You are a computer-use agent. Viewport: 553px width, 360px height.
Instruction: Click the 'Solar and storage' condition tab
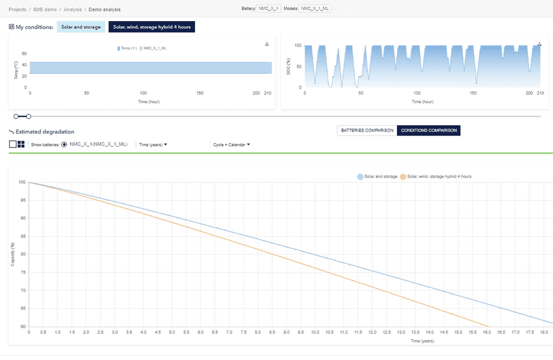(x=81, y=27)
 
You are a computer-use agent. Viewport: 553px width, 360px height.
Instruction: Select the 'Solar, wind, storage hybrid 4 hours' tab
(x=152, y=27)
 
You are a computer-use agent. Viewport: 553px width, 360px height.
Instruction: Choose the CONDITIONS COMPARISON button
(x=429, y=131)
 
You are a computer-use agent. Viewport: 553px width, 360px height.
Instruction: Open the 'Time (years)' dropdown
(x=153, y=145)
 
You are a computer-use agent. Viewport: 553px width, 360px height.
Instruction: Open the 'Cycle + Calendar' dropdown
(x=231, y=145)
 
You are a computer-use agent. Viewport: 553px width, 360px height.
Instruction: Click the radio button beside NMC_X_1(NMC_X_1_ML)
(x=65, y=145)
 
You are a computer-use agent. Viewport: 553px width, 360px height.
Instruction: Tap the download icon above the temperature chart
(x=267, y=44)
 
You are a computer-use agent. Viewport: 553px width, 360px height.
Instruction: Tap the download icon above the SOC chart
(x=539, y=44)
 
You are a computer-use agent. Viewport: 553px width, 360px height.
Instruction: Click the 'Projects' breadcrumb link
(x=17, y=9)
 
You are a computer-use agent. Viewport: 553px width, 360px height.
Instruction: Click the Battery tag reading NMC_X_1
(x=269, y=9)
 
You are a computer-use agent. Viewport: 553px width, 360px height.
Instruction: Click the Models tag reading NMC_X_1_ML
(x=316, y=9)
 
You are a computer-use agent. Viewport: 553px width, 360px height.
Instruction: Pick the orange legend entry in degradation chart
(x=436, y=177)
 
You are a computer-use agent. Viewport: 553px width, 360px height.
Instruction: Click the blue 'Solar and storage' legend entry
(x=378, y=177)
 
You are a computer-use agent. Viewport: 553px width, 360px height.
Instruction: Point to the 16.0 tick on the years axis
(x=487, y=332)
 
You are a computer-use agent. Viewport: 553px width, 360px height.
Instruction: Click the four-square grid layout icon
(x=21, y=144)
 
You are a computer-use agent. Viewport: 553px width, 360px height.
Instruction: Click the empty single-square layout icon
(x=13, y=144)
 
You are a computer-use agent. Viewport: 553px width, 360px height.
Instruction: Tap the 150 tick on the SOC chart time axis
(x=473, y=94)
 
